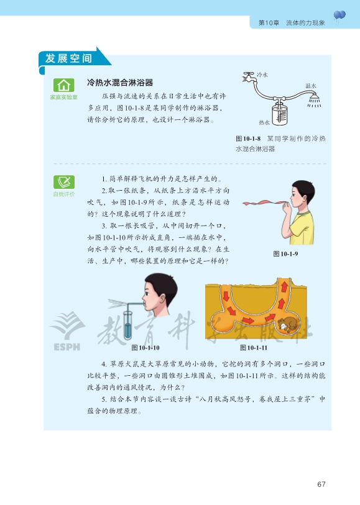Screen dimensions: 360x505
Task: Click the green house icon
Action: point(64,85)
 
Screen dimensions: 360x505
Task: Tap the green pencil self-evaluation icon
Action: point(64,182)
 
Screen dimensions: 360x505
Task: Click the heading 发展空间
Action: point(68,58)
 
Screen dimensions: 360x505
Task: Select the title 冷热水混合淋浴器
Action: point(120,83)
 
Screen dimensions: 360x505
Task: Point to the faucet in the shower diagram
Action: point(249,76)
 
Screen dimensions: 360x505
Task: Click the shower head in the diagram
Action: point(314,99)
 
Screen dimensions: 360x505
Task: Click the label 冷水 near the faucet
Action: point(262,75)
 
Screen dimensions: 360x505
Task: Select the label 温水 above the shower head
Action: point(311,86)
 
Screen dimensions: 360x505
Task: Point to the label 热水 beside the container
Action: point(264,122)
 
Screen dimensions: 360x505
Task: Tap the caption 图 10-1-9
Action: point(285,254)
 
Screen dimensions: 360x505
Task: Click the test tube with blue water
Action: point(128,325)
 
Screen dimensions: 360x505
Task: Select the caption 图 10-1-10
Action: point(145,348)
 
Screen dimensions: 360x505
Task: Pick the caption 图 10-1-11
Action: point(254,348)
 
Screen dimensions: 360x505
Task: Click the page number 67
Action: point(321,484)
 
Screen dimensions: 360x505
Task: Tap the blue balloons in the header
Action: point(339,16)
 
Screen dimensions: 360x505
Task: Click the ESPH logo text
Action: point(67,347)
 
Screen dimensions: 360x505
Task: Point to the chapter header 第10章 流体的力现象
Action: point(292,23)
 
